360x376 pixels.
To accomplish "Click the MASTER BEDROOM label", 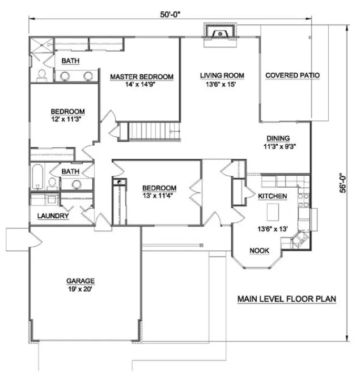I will (x=142, y=77).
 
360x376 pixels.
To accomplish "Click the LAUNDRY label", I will (x=53, y=216).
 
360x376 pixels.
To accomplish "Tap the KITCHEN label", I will (x=272, y=196).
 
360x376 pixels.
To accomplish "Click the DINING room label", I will (x=278, y=138).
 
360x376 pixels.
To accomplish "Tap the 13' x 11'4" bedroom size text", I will (x=159, y=197).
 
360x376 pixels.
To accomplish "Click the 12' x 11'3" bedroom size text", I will (x=67, y=120).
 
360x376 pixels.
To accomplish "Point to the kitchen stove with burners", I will (x=302, y=200).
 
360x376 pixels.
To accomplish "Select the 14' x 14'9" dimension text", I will (x=142, y=86).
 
